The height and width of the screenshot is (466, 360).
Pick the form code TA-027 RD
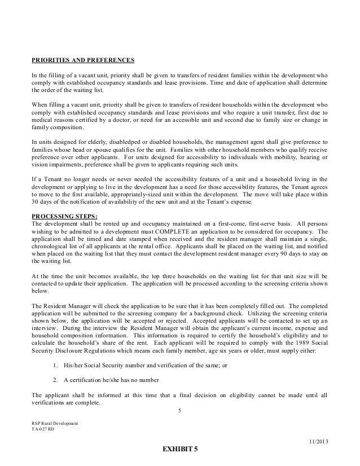click(x=44, y=429)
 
